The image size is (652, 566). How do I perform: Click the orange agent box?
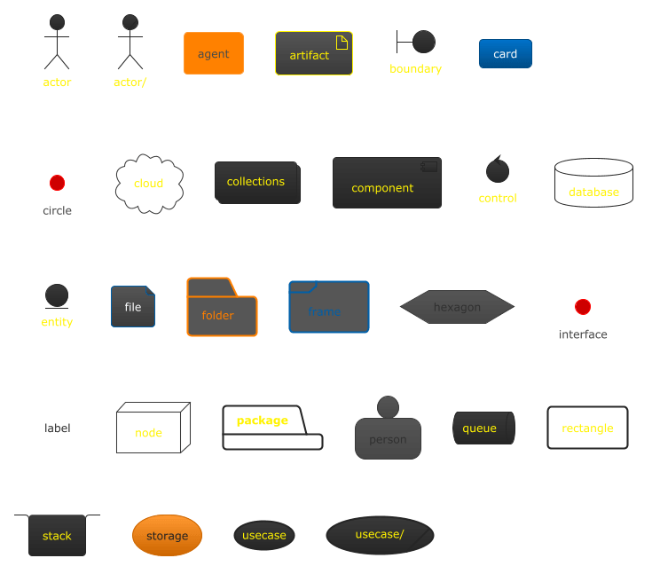coord(213,54)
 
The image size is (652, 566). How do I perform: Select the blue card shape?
coord(505,54)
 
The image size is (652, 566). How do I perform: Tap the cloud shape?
coord(149,184)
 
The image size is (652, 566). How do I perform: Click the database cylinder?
coord(593,183)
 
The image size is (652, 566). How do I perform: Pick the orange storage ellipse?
coord(167,536)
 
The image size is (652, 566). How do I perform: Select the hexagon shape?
coord(457,307)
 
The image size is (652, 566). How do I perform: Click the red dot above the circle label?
coord(57,183)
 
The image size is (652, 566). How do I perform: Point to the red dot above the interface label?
coord(582,307)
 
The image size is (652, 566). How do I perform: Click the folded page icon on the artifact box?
coord(342,42)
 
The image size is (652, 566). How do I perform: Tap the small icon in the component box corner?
coord(429,166)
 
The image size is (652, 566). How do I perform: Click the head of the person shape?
coord(388,407)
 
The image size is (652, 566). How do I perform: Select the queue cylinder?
coord(483,428)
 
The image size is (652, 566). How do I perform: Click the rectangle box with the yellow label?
coord(587,428)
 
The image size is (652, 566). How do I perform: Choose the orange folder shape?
coord(222,311)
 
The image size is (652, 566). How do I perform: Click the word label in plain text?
coord(58,428)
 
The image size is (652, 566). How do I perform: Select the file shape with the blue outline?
coord(133,307)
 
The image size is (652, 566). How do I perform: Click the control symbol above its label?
coord(498,169)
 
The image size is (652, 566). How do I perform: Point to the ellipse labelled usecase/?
coord(380,535)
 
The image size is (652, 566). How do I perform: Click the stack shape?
coord(57,535)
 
